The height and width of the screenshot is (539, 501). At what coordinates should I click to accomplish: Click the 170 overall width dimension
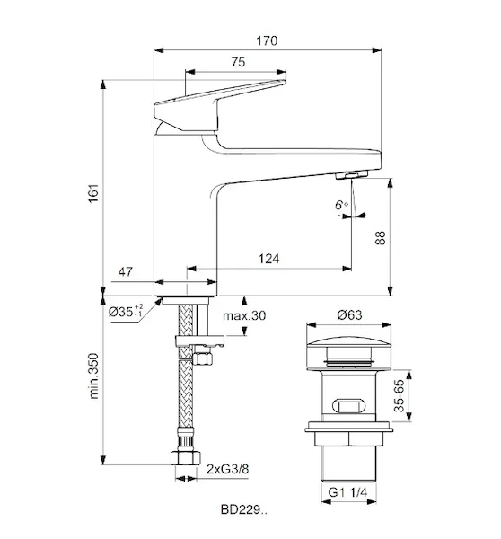pyautogui.click(x=267, y=41)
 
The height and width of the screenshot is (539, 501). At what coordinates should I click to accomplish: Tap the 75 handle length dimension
pyautogui.click(x=238, y=62)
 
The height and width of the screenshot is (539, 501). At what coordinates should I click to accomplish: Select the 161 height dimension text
pyautogui.click(x=93, y=193)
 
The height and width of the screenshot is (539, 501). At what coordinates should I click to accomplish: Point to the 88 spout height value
pyautogui.click(x=381, y=237)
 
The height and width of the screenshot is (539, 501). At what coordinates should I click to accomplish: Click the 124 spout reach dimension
pyautogui.click(x=268, y=259)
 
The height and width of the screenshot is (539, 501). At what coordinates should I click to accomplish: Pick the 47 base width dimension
pyautogui.click(x=125, y=272)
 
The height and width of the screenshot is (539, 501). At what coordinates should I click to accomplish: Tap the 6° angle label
pyautogui.click(x=341, y=205)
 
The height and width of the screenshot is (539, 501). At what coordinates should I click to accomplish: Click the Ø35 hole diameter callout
pyautogui.click(x=126, y=312)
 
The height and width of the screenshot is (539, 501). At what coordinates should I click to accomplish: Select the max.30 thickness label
pyautogui.click(x=244, y=315)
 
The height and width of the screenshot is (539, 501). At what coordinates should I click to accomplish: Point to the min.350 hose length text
pyautogui.click(x=93, y=376)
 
